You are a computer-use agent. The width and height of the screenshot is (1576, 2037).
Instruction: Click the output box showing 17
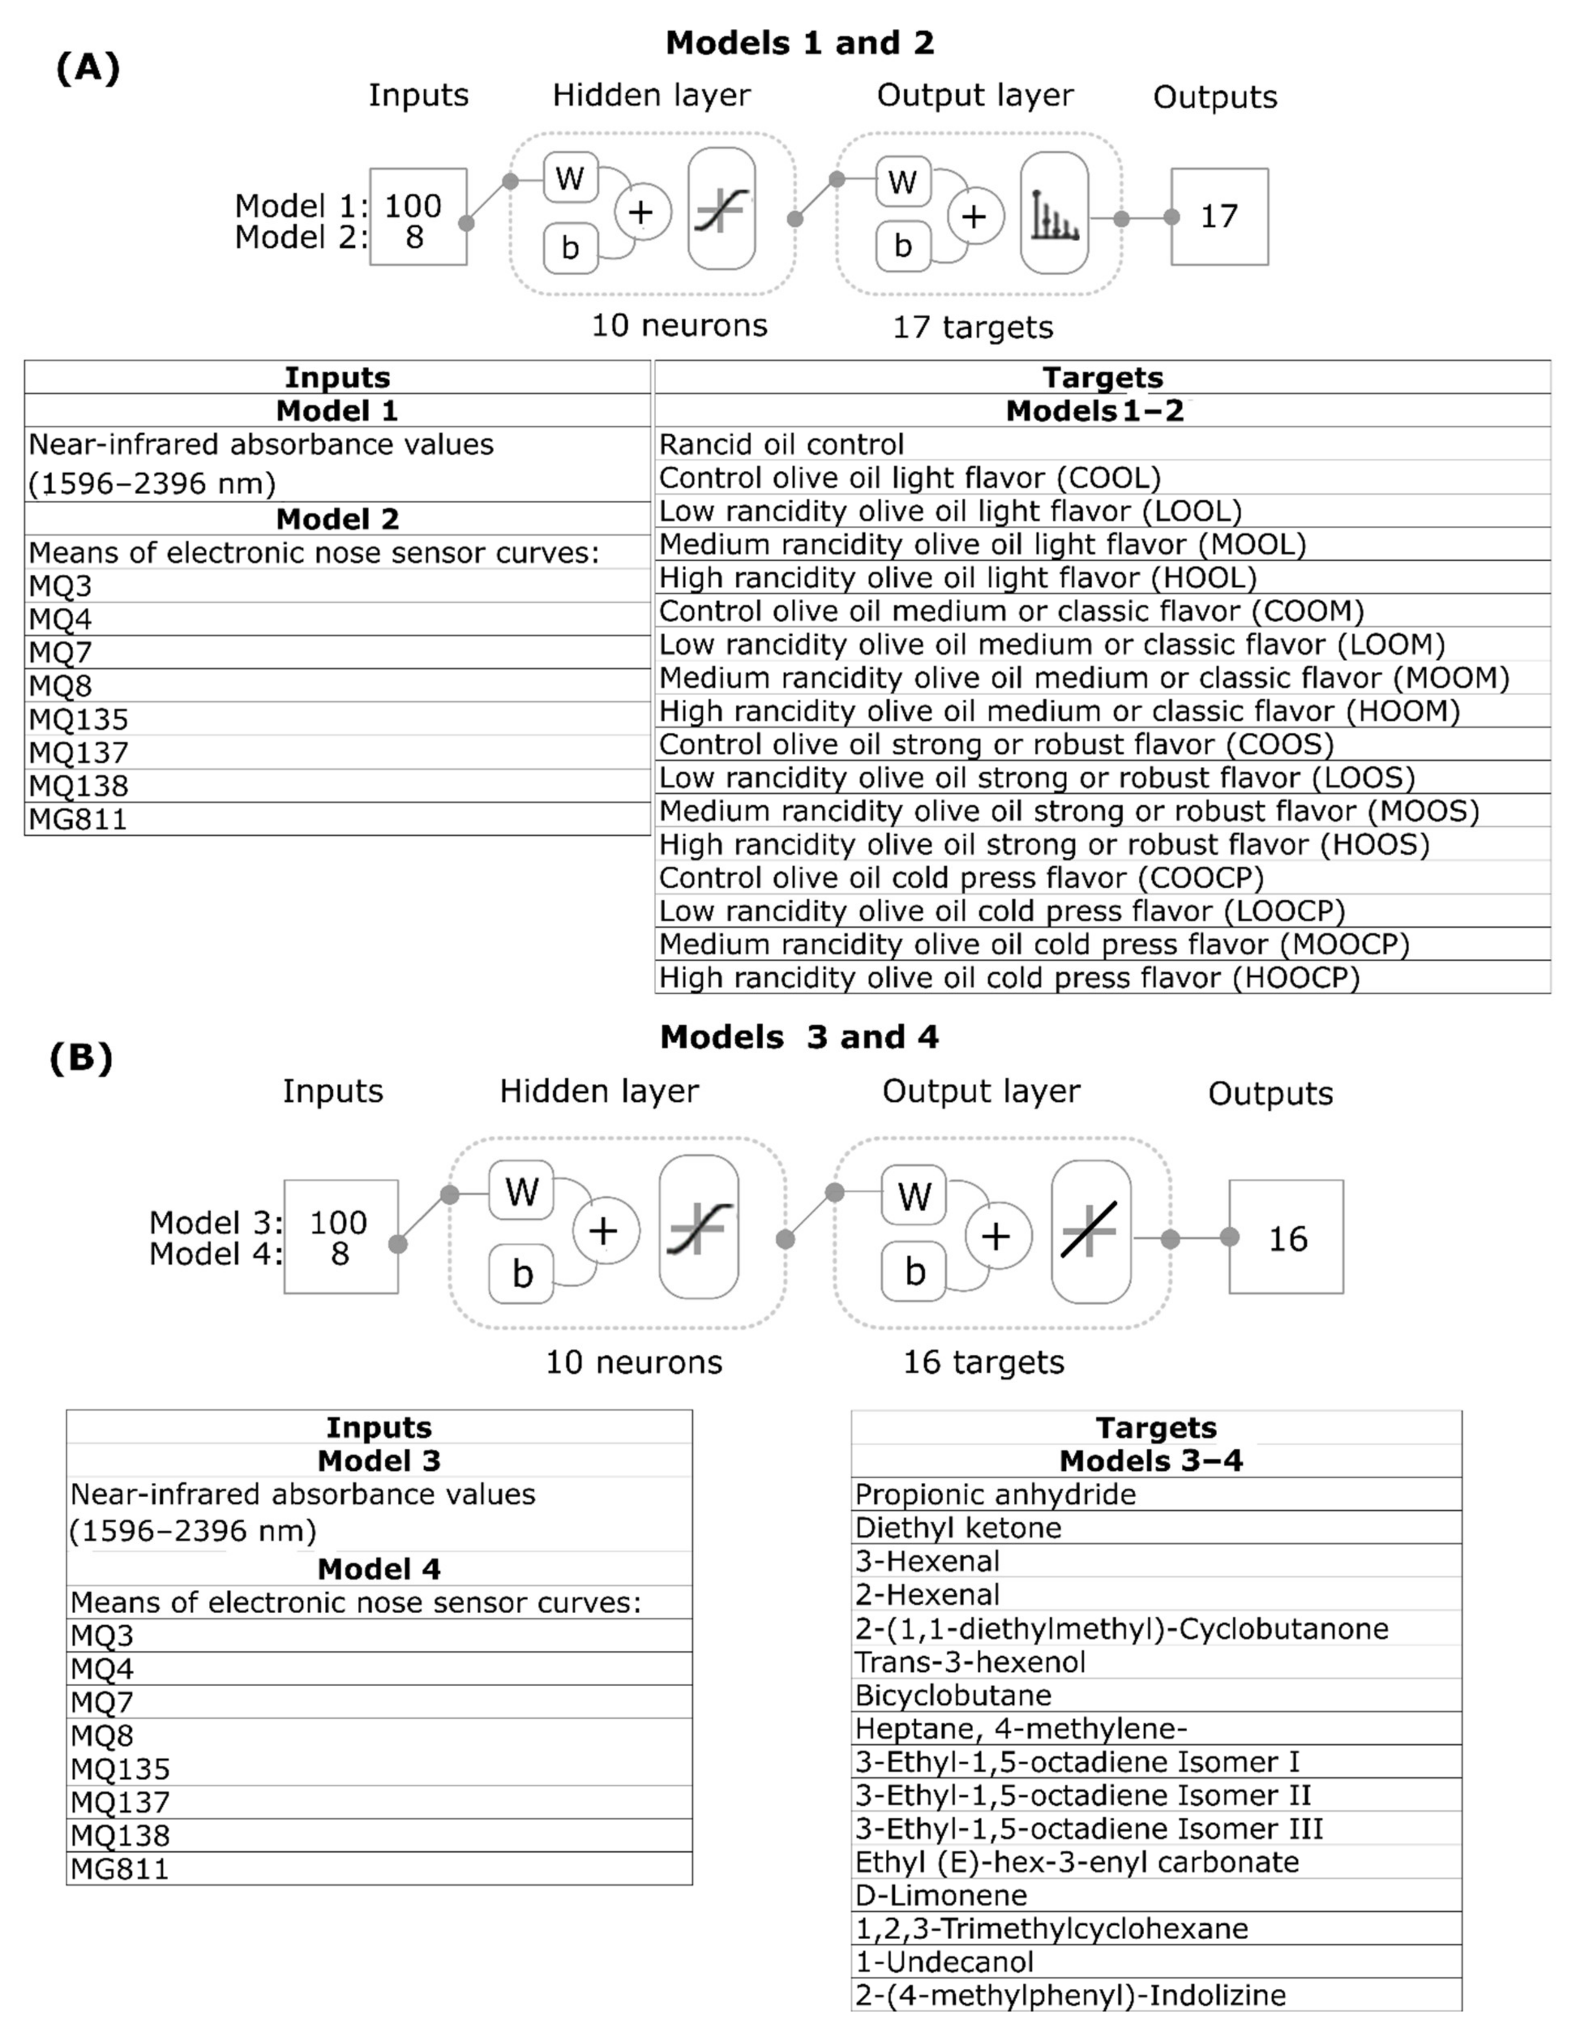point(1219,217)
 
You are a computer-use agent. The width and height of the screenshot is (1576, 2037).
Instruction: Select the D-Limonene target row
point(941,1895)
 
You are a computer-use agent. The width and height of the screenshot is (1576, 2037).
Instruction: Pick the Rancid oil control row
point(782,444)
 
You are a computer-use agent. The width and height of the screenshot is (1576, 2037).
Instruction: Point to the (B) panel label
point(81,1058)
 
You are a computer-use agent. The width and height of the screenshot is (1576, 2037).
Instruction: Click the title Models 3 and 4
point(799,1037)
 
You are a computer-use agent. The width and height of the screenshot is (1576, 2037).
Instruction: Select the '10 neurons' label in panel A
point(679,326)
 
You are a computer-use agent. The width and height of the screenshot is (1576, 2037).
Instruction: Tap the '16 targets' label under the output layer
point(983,1363)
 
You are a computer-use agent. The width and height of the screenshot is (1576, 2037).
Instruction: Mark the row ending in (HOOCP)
point(1009,978)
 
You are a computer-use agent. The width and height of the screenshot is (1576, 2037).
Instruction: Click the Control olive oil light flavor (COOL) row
point(909,478)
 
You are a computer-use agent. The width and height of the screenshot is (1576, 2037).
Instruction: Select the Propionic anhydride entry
point(995,1494)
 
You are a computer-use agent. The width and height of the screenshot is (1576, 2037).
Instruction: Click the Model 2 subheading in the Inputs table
point(338,519)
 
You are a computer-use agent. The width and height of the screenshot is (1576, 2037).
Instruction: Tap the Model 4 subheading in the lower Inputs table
point(379,1569)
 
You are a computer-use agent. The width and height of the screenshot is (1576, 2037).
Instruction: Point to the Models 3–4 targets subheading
point(1151,1460)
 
